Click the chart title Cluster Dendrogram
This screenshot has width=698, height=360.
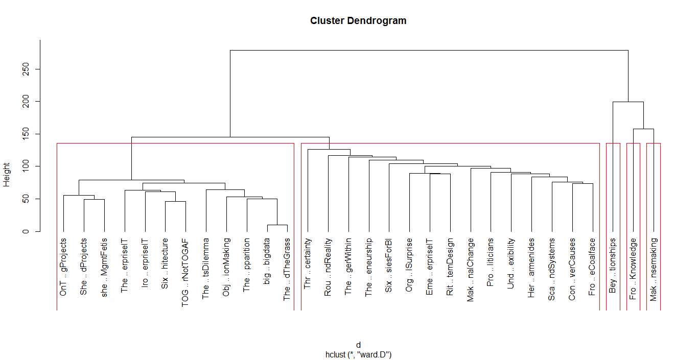pyautogui.click(x=358, y=21)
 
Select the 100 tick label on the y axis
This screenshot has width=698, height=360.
pyautogui.click(x=24, y=166)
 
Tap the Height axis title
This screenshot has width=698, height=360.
pyautogui.click(x=7, y=175)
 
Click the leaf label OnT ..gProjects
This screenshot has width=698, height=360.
pyautogui.click(x=63, y=267)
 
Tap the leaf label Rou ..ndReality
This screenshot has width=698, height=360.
pyautogui.click(x=328, y=267)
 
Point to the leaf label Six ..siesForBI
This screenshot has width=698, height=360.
pyautogui.click(x=389, y=267)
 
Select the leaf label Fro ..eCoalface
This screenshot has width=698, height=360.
pyautogui.click(x=593, y=267)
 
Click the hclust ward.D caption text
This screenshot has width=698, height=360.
pyautogui.click(x=358, y=354)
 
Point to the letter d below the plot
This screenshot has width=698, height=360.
pyautogui.click(x=358, y=345)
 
